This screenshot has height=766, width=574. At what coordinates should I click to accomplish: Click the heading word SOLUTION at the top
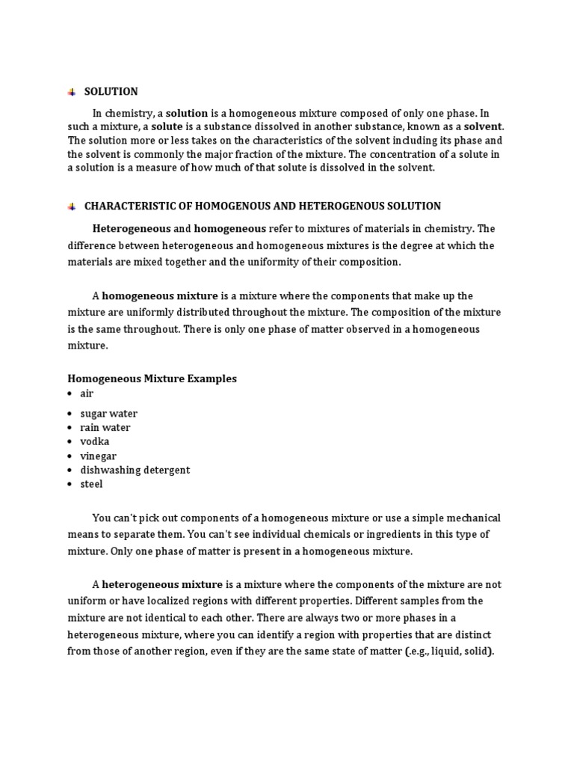tap(111, 91)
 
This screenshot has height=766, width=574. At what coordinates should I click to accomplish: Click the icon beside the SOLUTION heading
tap(72, 92)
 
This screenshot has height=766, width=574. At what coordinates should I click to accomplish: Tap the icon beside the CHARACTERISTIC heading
tap(72, 206)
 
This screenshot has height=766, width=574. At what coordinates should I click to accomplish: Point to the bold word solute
tap(167, 127)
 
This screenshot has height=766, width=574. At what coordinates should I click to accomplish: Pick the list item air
tap(87, 393)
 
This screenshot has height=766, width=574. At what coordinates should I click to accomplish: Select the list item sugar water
tap(108, 414)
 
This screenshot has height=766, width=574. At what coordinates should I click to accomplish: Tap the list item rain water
tap(105, 428)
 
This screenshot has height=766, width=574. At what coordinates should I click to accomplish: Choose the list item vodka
tap(94, 441)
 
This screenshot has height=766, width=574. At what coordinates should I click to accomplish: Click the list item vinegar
tap(98, 456)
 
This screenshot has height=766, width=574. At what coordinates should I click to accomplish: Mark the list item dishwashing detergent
tap(135, 470)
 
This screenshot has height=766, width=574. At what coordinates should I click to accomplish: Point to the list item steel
tap(91, 484)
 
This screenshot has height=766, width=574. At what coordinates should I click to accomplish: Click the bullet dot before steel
tap(70, 485)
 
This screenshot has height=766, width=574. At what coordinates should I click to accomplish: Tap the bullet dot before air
tap(70, 394)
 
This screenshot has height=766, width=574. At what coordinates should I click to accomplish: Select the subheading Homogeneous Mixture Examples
tap(152, 379)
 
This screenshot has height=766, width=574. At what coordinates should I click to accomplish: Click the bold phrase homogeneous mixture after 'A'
tap(160, 296)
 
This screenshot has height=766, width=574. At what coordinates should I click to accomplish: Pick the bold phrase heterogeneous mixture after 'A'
tap(162, 584)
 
